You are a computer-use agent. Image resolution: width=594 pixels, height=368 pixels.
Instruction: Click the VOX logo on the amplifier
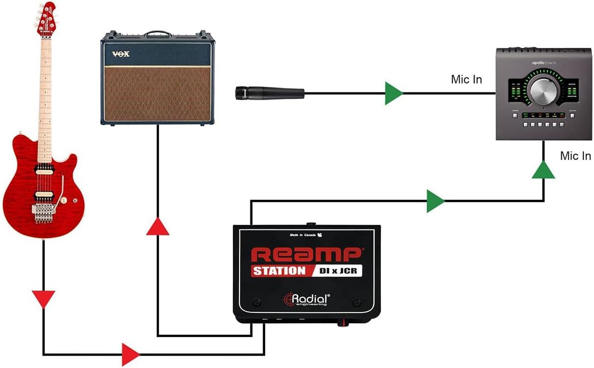(121, 54)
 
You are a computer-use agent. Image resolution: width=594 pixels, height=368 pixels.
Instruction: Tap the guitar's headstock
(47, 19)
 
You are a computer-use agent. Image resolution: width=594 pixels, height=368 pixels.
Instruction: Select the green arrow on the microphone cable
(393, 92)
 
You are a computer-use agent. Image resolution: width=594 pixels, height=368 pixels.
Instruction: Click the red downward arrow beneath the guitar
(44, 298)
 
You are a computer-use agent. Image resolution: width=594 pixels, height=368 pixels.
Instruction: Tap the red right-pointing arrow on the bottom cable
(130, 354)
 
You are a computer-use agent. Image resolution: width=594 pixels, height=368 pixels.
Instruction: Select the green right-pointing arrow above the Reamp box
(435, 201)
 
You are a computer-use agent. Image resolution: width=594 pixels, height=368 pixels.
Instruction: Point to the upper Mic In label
(466, 79)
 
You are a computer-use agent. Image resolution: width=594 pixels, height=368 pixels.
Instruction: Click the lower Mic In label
(575, 156)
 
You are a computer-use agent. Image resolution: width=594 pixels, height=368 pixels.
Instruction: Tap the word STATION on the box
(279, 271)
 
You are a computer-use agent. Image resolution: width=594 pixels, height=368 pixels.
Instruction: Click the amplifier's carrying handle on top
(158, 33)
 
